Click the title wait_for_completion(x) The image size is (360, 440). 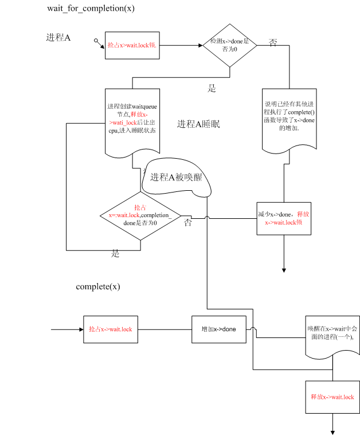[92, 8]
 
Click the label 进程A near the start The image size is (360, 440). [58, 37]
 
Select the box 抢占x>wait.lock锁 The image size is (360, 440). [132, 45]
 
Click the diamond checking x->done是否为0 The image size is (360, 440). [230, 45]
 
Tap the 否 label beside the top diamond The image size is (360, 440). [273, 43]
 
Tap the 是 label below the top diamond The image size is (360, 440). [212, 88]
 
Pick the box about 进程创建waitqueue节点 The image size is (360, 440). [132, 121]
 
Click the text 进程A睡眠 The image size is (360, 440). [198, 124]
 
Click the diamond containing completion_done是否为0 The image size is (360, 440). [140, 215]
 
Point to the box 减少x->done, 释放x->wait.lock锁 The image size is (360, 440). [284, 218]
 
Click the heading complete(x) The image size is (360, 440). [98, 286]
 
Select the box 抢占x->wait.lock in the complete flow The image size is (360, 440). [110, 329]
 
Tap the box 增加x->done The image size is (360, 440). [218, 329]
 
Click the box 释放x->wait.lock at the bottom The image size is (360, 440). [332, 397]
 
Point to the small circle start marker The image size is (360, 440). [97, 40]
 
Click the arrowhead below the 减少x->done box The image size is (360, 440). [284, 269]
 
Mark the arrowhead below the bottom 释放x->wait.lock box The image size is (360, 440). [332, 432]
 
